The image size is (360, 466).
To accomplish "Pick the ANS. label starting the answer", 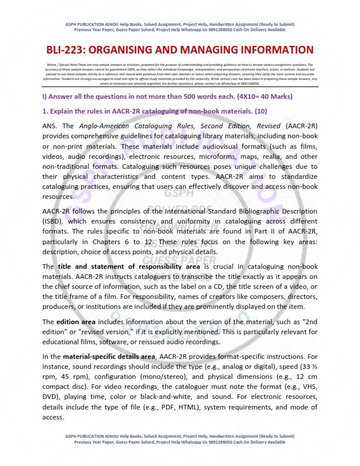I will click(x=51, y=126).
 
